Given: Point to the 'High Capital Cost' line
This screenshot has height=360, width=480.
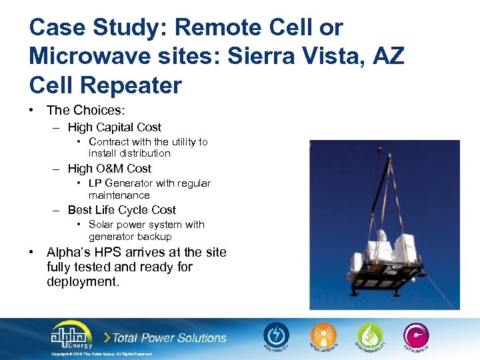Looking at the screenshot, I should point(114,127).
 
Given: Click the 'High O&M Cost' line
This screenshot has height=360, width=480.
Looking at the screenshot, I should point(109,169).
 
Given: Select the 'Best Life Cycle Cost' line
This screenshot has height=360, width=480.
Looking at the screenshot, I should point(121,210).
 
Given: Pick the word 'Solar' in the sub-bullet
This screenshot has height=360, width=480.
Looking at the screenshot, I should point(101,225).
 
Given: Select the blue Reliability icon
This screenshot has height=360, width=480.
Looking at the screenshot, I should point(276,335).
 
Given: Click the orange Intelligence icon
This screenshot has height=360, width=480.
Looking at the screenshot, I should point(322,335).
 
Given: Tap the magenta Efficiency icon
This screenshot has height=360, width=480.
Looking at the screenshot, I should point(415,335).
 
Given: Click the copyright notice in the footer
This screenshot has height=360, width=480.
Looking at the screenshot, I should point(101,354).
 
